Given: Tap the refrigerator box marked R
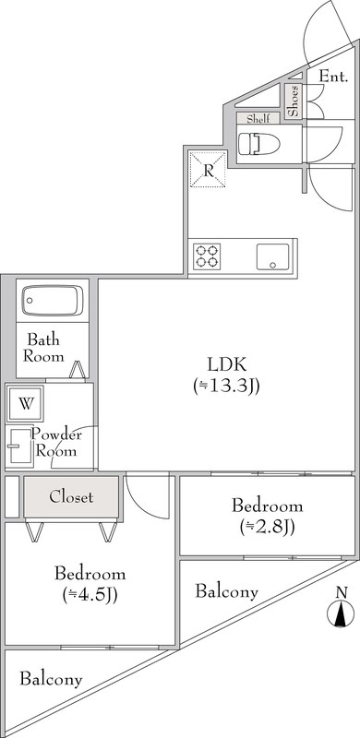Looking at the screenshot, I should tap(209, 169).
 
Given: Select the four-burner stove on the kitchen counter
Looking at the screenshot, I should tap(206, 255).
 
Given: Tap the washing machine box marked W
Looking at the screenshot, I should tap(25, 404).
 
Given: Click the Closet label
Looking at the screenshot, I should tap(71, 497).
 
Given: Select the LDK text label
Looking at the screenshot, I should tap(226, 363).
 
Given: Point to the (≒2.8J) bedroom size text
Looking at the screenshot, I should tap(267, 528).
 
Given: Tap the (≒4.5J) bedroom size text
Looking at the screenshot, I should tap(90, 594).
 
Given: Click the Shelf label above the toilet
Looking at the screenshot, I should tap(256, 118).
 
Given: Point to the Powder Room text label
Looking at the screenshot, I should tap(57, 443).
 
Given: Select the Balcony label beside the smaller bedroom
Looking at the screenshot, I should tap(227, 591).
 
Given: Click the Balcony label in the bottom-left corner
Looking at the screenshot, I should tap(51, 680).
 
